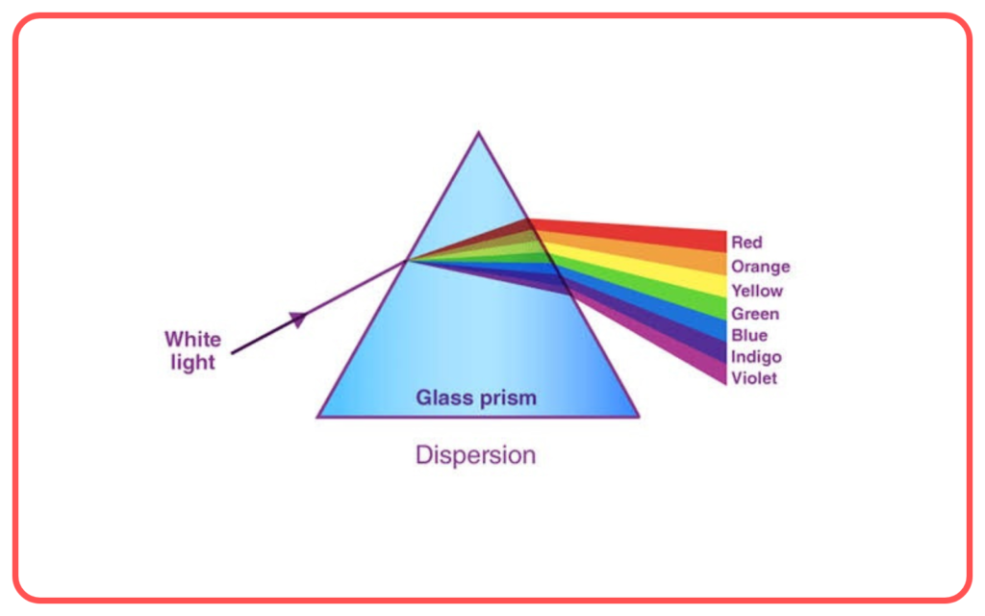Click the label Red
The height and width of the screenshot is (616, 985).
[x=746, y=242]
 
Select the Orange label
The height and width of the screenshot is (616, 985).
[x=760, y=267]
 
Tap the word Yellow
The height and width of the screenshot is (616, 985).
[x=757, y=291]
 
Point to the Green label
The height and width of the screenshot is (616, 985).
[x=755, y=314]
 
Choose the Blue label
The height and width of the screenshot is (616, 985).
[x=749, y=335]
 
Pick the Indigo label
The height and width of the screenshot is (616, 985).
[x=756, y=357]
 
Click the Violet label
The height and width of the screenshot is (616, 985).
[x=754, y=377]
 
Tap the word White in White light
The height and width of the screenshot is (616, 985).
[x=192, y=340]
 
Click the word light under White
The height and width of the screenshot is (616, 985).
[x=192, y=363]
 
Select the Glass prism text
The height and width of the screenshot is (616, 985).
[x=476, y=398]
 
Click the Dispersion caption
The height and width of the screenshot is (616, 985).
[x=475, y=455]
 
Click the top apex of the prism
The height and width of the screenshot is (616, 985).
[x=479, y=132]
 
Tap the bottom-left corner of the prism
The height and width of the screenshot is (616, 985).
[x=317, y=417]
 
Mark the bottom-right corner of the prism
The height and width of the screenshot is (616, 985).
[x=639, y=417]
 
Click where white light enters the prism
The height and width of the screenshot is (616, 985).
[x=408, y=260]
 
